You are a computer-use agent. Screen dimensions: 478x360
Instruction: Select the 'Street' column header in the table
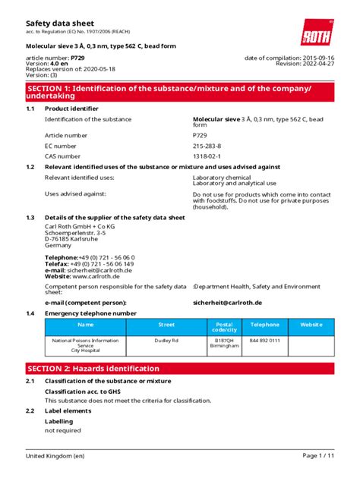[166, 323]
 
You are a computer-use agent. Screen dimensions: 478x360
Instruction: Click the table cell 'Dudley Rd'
[166, 341]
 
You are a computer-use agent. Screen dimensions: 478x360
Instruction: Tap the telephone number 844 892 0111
[265, 341]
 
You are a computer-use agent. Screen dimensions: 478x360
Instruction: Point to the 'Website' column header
[311, 323]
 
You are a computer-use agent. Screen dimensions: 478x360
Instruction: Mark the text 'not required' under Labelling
[62, 430]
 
